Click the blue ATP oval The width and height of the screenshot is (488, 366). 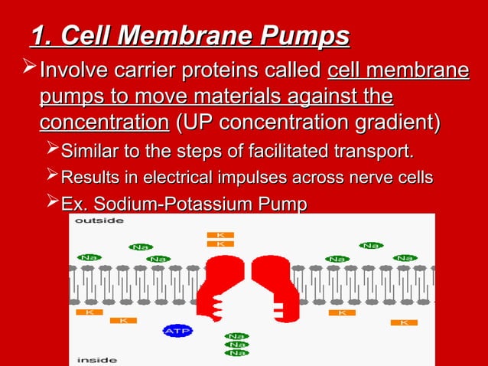[x=177, y=331]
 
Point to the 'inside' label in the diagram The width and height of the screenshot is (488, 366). [x=96, y=359]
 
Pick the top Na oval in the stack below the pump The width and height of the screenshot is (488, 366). [x=236, y=336]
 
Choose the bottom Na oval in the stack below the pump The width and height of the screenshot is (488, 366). [x=236, y=353]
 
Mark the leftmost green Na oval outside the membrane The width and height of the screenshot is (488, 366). [x=89, y=257]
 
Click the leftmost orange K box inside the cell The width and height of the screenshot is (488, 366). [x=89, y=312]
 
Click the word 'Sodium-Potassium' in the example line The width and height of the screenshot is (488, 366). [x=178, y=204]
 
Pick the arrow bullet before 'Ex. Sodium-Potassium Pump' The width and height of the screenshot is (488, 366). [x=51, y=203]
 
